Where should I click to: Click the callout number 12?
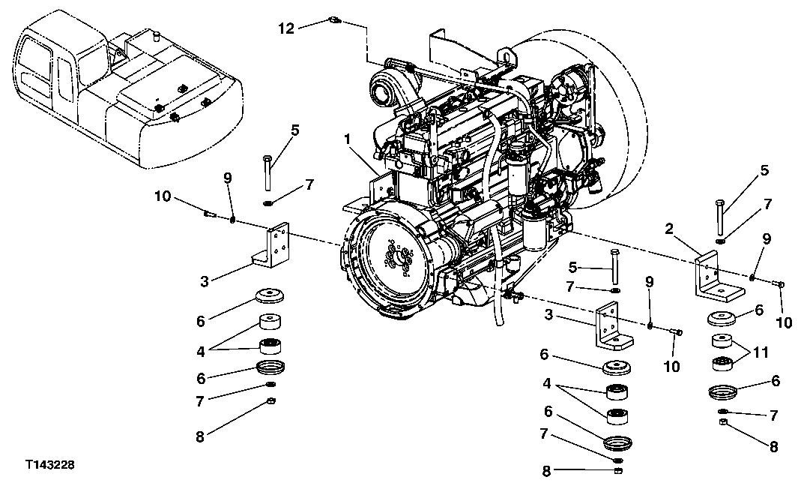tap(286, 28)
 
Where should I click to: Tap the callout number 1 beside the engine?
tap(348, 139)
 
